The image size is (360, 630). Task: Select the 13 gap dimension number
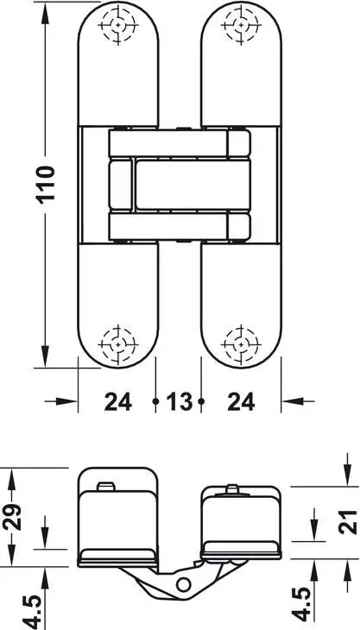point(180,401)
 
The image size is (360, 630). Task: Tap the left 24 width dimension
point(118,401)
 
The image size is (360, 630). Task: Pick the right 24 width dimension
point(241,401)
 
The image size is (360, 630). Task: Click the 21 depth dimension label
point(347,521)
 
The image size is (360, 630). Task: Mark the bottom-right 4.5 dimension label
point(301,605)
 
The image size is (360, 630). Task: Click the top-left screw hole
point(117,25)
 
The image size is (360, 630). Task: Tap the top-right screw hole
point(241,25)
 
